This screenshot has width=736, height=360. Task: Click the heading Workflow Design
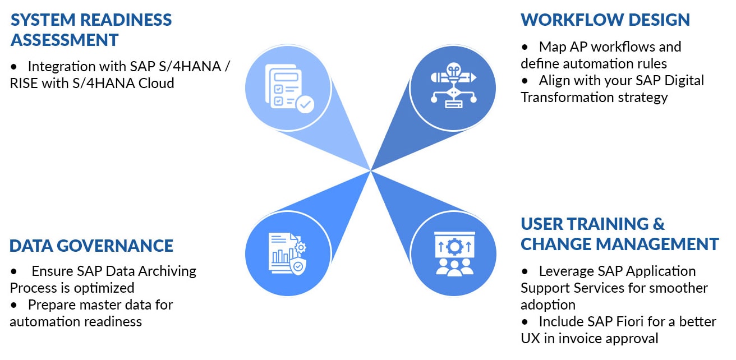tap(605, 20)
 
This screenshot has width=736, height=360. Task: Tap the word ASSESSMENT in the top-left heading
tap(65, 40)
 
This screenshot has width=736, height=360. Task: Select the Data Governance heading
tap(91, 246)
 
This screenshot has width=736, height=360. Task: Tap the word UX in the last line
tap(530, 338)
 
